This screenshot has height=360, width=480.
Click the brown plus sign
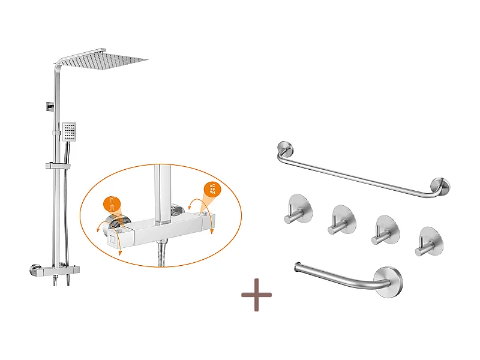256,295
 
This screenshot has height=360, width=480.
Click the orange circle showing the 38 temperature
211,190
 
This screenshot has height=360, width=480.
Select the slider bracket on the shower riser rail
56,164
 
